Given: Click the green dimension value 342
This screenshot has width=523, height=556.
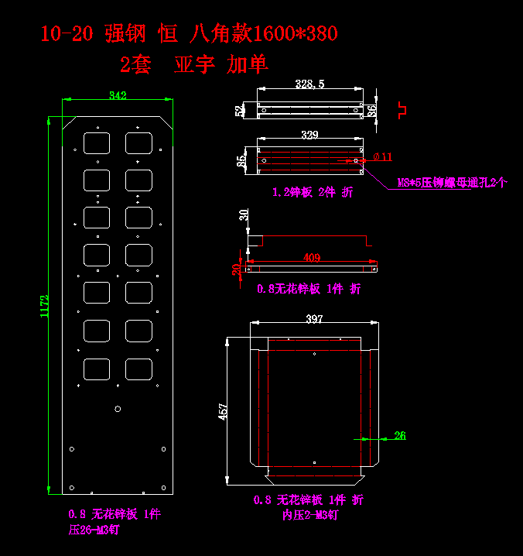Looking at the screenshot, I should (118, 95).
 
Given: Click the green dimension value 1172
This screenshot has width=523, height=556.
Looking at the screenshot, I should (45, 306).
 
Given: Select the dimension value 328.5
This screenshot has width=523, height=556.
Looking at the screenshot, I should (309, 84).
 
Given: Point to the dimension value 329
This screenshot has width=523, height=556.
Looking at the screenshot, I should (309, 136).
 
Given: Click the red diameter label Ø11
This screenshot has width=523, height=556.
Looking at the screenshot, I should (382, 157).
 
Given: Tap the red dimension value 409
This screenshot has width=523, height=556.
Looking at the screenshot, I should (312, 258).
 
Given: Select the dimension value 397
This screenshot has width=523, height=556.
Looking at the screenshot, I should (314, 319).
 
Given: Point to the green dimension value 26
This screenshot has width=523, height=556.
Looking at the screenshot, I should (400, 436).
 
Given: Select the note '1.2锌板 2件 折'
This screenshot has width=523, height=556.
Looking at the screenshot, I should (313, 192).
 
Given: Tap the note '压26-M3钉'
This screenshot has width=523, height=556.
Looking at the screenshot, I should (94, 530).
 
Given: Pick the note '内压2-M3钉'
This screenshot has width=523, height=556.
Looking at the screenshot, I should (310, 514).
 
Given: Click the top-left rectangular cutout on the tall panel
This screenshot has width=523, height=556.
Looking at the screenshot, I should (96, 142).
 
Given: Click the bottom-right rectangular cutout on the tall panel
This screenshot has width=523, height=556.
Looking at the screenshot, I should (138, 369).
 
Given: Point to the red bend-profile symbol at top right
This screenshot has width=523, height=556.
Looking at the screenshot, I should (402, 108).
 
